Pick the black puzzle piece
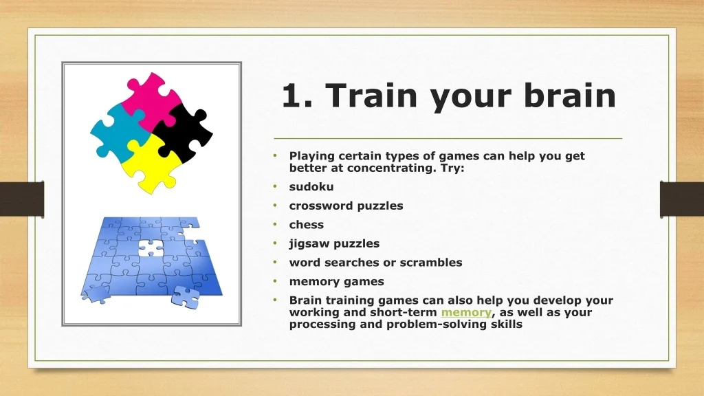point(184,133)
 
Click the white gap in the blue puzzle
point(151,248)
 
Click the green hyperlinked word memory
point(466,313)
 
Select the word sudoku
point(311,187)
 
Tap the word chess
point(306,225)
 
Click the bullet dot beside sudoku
point(275,186)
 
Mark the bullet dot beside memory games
point(275,280)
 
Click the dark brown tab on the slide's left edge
point(22,199)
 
